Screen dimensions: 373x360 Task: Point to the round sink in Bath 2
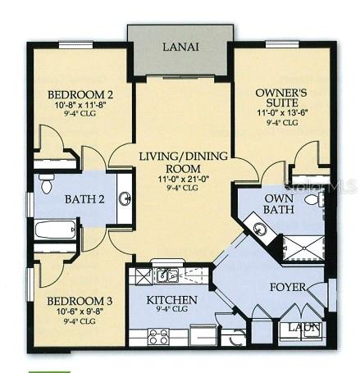click(x=125, y=198)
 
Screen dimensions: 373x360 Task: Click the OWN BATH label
click(x=279, y=204)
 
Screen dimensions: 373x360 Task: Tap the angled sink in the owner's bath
click(x=258, y=230)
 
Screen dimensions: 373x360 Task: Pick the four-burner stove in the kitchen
click(x=157, y=335)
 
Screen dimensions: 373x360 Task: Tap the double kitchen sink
click(x=168, y=275)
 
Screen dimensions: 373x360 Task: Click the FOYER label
click(x=288, y=288)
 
